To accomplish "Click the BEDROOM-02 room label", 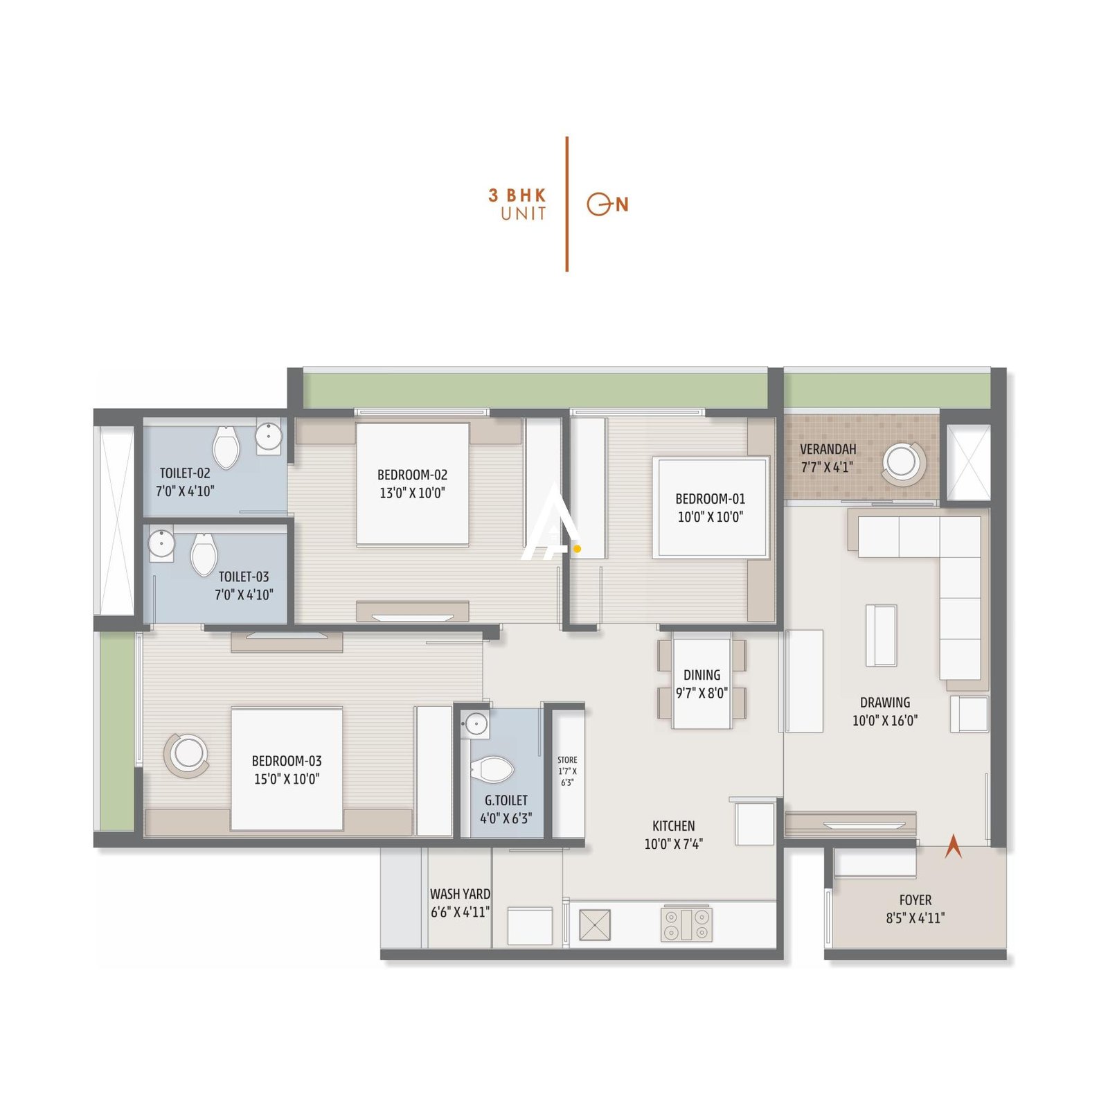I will point(412,475).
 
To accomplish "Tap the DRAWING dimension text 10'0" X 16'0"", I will point(884,721).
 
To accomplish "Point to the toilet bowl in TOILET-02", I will point(226,446).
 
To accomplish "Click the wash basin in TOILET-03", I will point(161,543).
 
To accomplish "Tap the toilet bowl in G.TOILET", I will point(492,770).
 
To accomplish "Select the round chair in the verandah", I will point(902,462).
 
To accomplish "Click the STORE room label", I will point(567,760).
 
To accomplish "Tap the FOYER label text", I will point(915,900).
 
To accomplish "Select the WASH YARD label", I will point(460,894).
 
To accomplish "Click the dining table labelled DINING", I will point(702,683).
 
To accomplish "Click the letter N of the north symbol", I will point(622,204).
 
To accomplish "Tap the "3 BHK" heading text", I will point(517,195).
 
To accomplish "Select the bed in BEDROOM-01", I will point(711,507).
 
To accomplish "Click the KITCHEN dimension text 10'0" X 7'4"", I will point(673,844).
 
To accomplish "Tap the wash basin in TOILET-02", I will point(268,437).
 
